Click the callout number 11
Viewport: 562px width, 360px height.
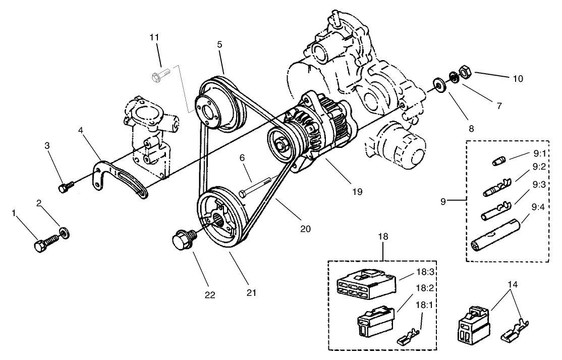click(x=154, y=37)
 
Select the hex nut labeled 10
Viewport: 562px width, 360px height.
click(x=466, y=72)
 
